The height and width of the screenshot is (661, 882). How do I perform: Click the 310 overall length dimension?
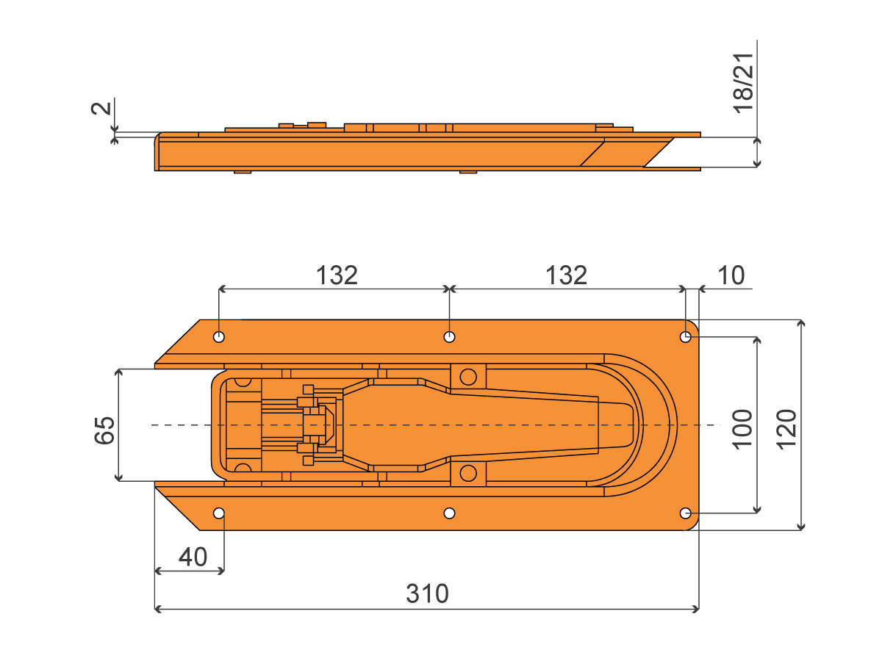pyautogui.click(x=427, y=593)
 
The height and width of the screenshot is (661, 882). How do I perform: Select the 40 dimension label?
pyautogui.click(x=193, y=557)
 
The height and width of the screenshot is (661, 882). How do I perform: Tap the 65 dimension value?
pyautogui.click(x=105, y=430)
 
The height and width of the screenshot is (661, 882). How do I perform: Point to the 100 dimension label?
pyautogui.click(x=742, y=430)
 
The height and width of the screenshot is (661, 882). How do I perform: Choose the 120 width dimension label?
pyautogui.click(x=786, y=430)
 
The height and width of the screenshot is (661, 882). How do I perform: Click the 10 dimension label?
pyautogui.click(x=731, y=275)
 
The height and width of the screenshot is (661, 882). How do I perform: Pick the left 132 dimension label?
pyautogui.click(x=337, y=275)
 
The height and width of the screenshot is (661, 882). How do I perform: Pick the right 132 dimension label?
pyautogui.click(x=566, y=275)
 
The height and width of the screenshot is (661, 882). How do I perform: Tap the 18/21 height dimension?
pyautogui.click(x=743, y=83)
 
